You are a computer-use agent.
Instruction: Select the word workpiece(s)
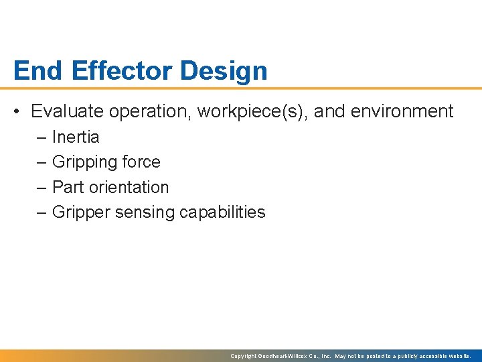tap(252, 111)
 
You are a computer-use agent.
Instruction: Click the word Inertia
tap(76, 137)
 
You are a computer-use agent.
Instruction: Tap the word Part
tap(67, 188)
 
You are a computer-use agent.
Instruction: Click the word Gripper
tap(81, 213)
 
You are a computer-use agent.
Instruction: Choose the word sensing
tap(145, 213)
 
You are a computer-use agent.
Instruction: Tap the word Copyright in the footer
tap(244, 356)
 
